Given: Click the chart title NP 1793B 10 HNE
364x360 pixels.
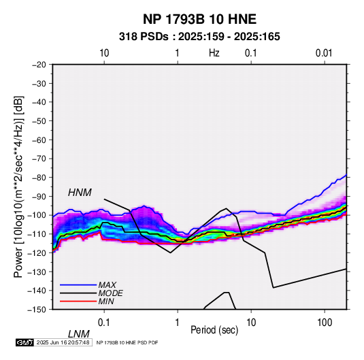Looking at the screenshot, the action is point(199,19).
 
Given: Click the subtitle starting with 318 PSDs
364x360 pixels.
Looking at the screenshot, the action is point(199,37).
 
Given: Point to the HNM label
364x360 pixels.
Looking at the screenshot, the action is point(80,193).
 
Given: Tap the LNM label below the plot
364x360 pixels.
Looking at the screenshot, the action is point(78,334).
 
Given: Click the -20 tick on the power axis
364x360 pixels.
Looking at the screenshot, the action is point(39,65).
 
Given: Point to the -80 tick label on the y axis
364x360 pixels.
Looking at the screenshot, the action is point(39,178).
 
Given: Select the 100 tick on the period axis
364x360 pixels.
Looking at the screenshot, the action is point(325,323).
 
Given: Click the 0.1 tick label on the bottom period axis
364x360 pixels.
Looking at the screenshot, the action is point(104,323).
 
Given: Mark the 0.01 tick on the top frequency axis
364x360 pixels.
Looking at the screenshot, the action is point(324,53).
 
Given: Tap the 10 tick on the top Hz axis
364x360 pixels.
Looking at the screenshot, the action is point(104,53).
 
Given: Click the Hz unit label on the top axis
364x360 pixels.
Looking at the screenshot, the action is point(214,53).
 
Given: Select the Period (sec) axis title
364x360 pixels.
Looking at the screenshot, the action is point(214,330).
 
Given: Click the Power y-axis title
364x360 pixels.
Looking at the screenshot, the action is point(18,186).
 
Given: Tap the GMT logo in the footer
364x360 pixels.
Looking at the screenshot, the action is point(24,342).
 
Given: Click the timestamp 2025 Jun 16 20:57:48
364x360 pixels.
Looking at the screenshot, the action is point(63,342).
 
